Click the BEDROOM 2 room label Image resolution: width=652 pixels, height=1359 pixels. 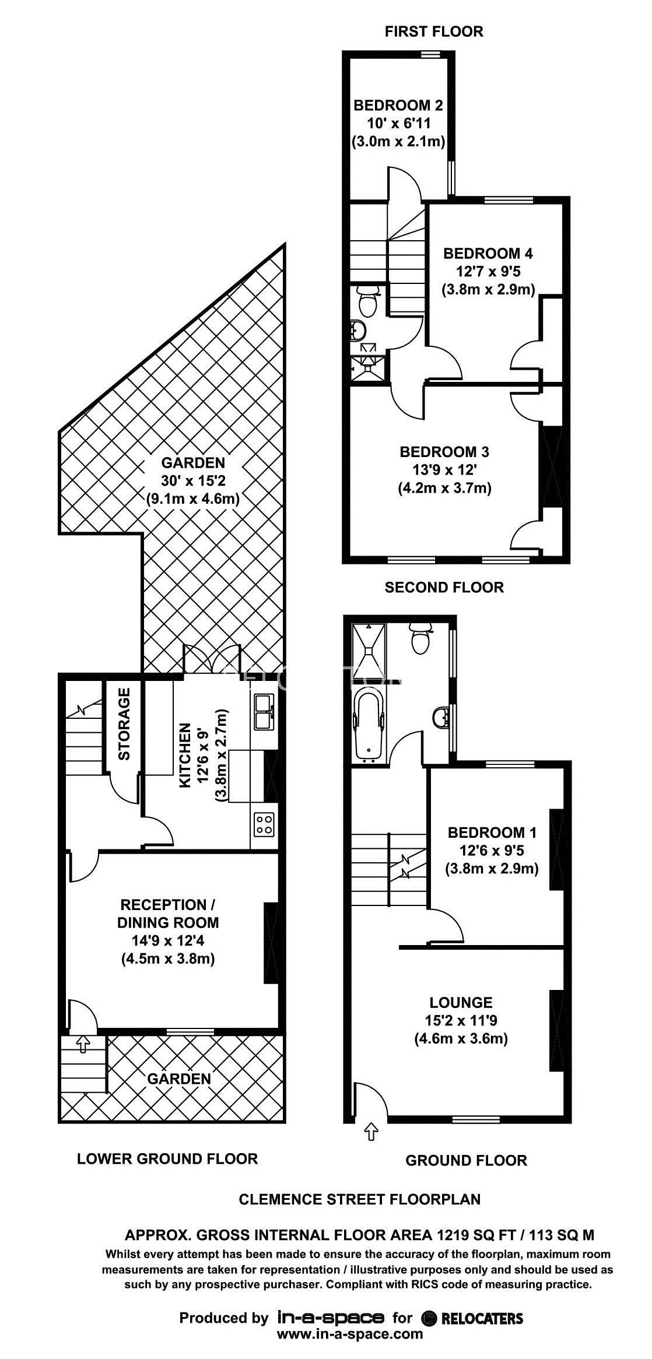(398, 106)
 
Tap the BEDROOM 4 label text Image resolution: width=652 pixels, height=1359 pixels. (488, 254)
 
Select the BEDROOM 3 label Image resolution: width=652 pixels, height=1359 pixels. (444, 452)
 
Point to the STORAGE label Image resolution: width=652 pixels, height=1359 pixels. (124, 724)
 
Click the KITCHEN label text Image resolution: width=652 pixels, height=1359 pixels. (185, 756)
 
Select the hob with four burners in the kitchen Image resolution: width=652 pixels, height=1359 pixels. (263, 824)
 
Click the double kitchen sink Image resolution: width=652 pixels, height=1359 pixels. (263, 711)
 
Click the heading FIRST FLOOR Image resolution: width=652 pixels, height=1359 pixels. (434, 31)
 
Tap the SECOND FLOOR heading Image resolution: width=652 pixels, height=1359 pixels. (444, 587)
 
